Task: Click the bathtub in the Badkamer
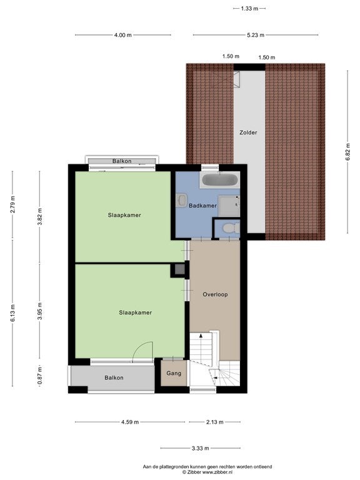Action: coord(219,180)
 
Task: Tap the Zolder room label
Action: coord(248,132)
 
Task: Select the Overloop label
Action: coord(215,294)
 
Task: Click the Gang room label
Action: coord(174,373)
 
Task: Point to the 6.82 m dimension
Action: coord(347,152)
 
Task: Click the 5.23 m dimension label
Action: coord(256,35)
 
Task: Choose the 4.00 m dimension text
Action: coord(122,35)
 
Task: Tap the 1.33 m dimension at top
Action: coord(249,9)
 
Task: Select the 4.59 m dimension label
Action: coord(130,422)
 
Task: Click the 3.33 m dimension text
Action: coord(200,449)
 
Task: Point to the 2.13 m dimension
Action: coord(214,422)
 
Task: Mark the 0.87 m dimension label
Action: coord(40,376)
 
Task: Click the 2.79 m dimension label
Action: coord(12,204)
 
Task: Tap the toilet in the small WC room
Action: coord(231,228)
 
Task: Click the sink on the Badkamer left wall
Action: coord(181,200)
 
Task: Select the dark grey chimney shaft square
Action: coord(180,270)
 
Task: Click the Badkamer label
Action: coord(202,206)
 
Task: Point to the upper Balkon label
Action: coord(122,161)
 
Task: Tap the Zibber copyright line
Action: coord(207,472)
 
